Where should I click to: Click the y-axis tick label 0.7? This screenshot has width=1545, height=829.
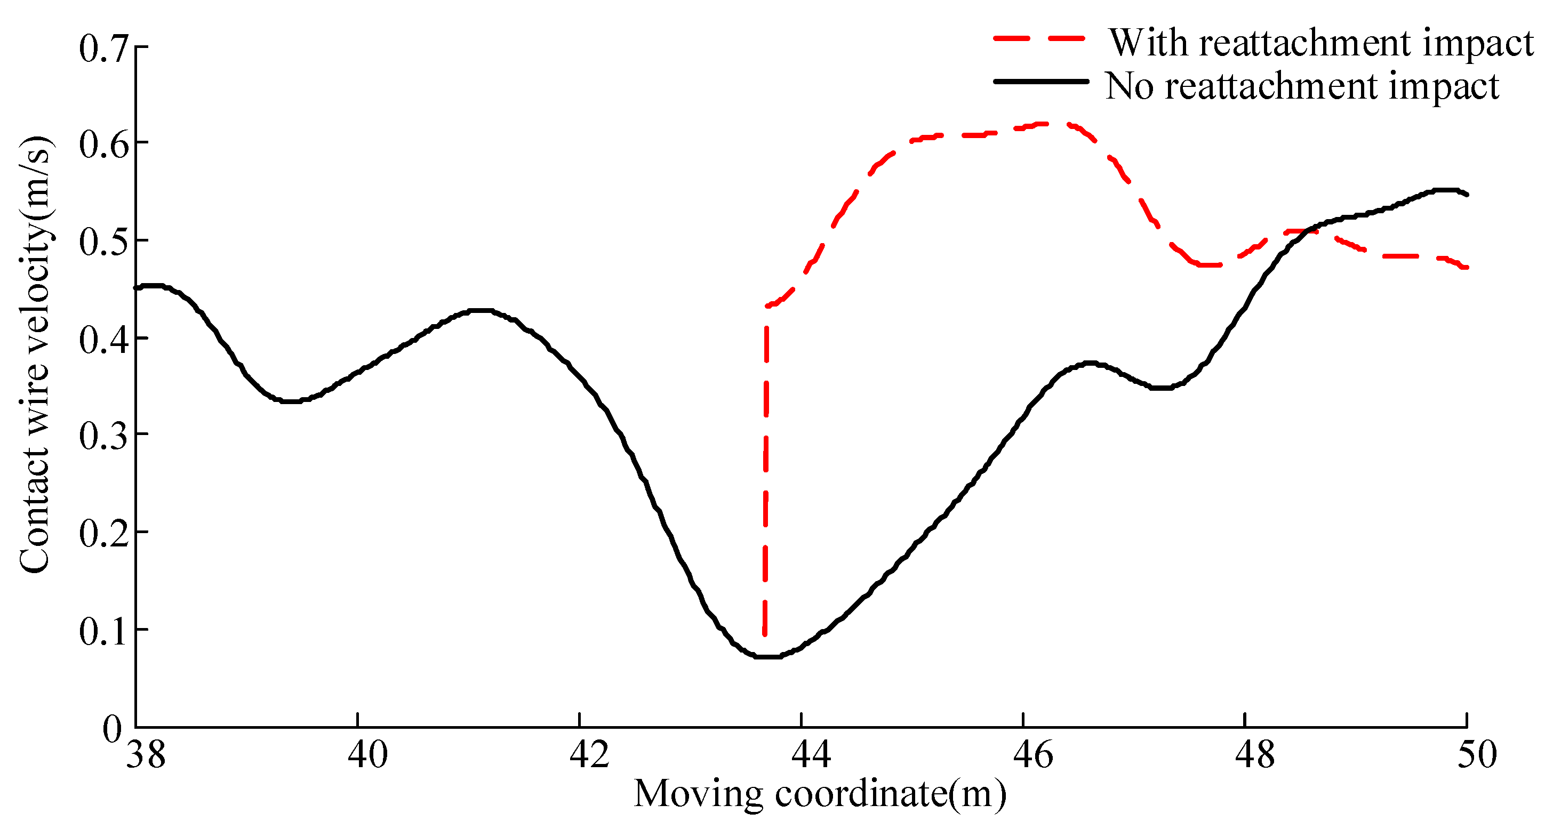pos(103,49)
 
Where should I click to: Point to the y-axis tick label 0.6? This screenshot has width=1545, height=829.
pos(103,144)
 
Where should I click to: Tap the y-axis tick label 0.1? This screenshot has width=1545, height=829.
pos(103,631)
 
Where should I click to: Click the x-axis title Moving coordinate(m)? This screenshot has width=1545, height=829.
pos(819,794)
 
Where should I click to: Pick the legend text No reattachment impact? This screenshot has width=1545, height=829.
pos(1301,86)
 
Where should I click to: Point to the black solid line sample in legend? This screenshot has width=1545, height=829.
pos(1041,81)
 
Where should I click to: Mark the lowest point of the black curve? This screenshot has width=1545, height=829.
pos(768,657)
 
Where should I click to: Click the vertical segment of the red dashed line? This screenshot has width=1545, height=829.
pos(766,468)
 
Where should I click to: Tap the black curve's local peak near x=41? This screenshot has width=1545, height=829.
pos(480,310)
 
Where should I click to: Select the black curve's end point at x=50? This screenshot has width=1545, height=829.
pos(1467,195)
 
